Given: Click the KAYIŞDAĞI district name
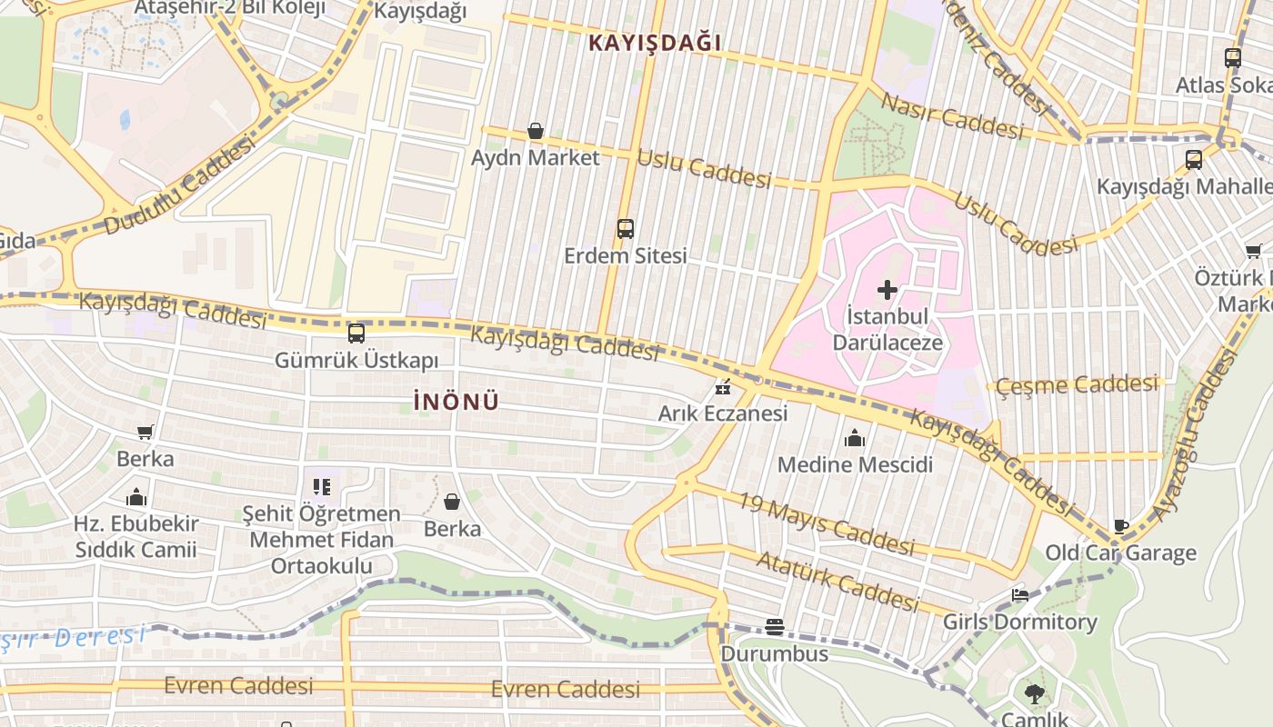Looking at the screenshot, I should click(x=654, y=43).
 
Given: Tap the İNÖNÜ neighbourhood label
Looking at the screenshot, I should click(x=456, y=402).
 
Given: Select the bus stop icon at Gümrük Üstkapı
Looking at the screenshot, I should click(x=356, y=333).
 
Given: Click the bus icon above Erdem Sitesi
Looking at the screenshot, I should click(x=626, y=228).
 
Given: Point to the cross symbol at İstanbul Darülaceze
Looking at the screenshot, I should click(x=887, y=290).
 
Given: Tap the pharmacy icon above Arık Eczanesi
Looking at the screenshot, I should click(x=723, y=388).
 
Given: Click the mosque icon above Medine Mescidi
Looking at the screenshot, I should click(x=854, y=439).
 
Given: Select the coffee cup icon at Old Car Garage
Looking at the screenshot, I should click(x=1121, y=526).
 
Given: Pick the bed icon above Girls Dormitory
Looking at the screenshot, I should click(x=1020, y=595).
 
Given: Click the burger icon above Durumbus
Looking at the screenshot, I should click(x=774, y=626).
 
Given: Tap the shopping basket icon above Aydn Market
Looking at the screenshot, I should click(x=536, y=132).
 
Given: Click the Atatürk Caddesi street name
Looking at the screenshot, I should click(x=837, y=582).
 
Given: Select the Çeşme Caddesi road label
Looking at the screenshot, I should click(x=1077, y=384).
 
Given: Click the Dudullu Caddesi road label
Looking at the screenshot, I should click(x=178, y=187).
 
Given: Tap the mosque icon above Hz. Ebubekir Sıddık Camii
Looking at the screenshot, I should click(x=136, y=497).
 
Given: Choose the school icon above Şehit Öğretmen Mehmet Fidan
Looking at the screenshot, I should click(x=321, y=487).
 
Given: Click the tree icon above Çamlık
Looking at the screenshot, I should click(x=1034, y=694).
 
